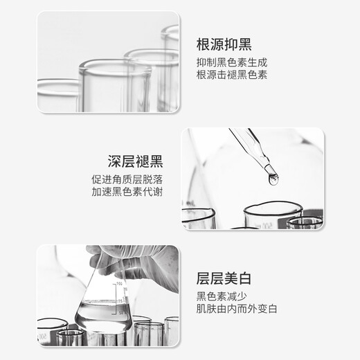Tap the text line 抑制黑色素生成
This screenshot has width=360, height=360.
(x=231, y=62)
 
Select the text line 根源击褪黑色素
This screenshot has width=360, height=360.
(x=231, y=75)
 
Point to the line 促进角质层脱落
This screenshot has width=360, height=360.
(x=129, y=179)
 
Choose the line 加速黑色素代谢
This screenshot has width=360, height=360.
(x=129, y=192)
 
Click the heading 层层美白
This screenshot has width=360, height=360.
(x=224, y=280)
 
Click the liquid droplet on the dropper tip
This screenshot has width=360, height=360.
(x=273, y=179)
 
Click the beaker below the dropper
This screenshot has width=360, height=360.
(x=272, y=215)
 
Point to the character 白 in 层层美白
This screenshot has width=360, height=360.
(x=242, y=280)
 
